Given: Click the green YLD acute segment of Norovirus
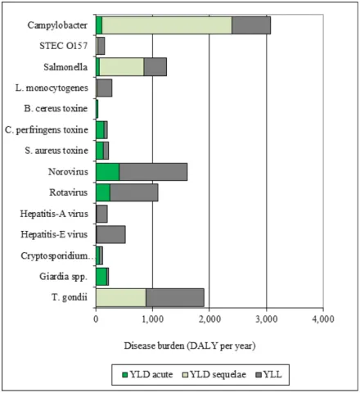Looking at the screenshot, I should (107, 172).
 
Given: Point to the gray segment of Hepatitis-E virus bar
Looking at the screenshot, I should (111, 235).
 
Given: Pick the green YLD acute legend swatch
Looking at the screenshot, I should (124, 374).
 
